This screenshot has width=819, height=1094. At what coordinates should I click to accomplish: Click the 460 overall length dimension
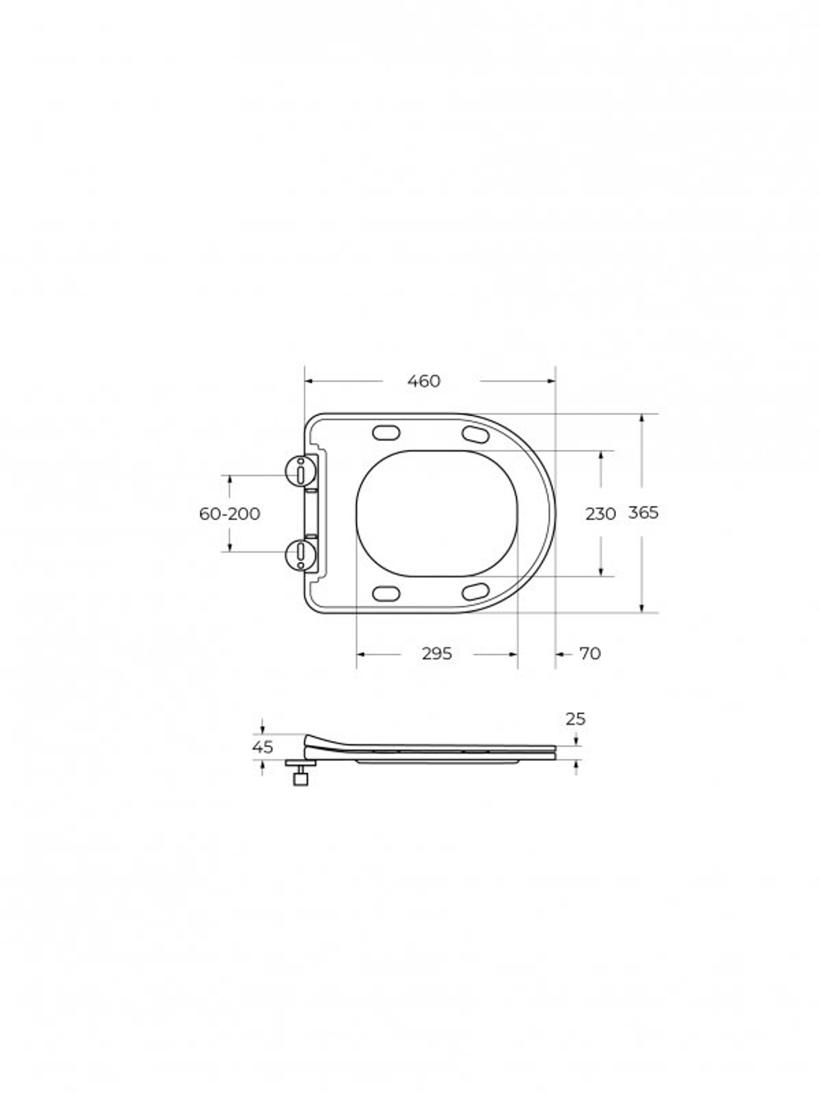point(423,381)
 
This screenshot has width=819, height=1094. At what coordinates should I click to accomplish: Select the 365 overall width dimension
point(643,513)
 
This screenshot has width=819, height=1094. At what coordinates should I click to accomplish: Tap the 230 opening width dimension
point(600,513)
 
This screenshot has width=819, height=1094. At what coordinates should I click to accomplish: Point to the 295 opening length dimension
point(437,653)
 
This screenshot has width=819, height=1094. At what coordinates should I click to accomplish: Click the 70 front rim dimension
point(590,653)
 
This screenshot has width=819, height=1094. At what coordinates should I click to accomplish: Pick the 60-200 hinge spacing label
point(229,513)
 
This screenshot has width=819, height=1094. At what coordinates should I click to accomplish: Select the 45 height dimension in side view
point(262,747)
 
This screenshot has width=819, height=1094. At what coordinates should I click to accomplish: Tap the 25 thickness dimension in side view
point(576,719)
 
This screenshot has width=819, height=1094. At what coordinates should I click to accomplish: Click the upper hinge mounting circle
point(301,471)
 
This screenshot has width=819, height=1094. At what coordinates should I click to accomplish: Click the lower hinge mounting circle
point(301,554)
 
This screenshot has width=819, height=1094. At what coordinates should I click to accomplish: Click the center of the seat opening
point(438,513)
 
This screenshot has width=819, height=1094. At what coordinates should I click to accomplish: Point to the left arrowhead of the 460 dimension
point(310,381)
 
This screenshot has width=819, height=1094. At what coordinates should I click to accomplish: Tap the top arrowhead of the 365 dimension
point(643,418)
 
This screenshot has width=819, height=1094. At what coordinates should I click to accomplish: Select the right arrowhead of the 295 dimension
point(514,653)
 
